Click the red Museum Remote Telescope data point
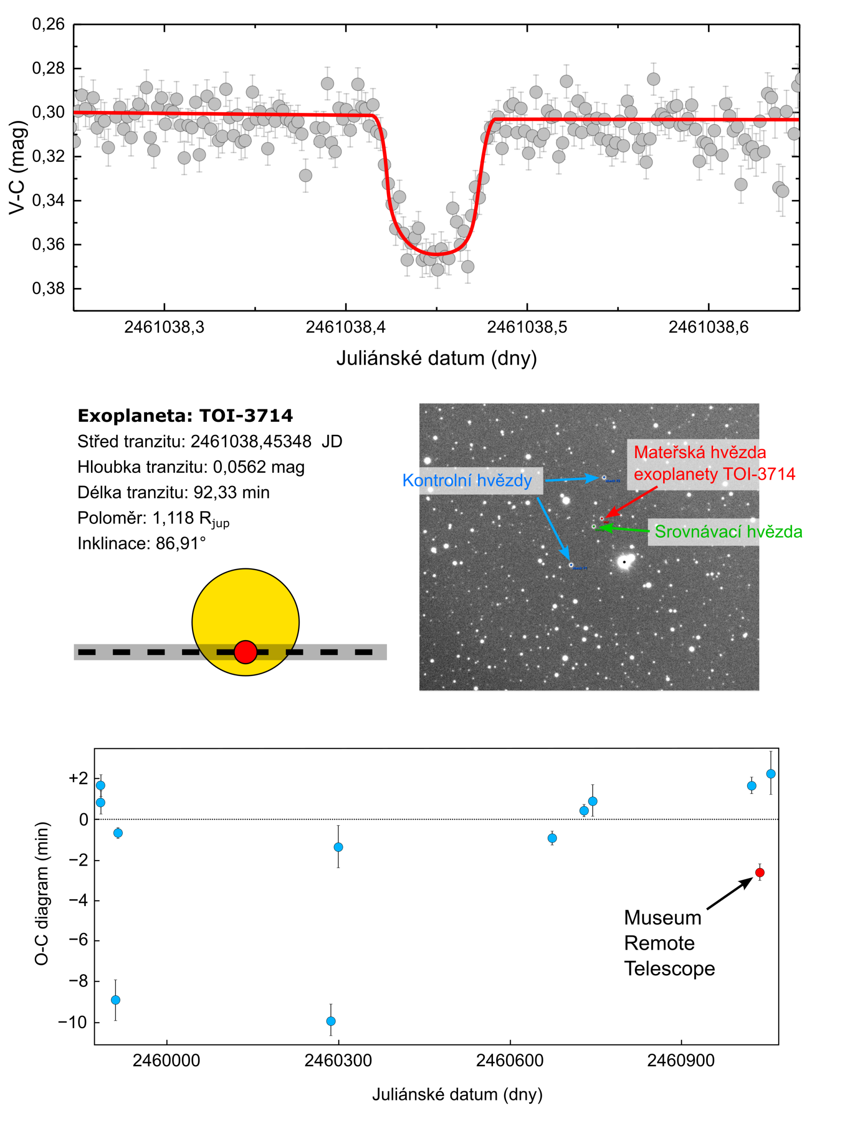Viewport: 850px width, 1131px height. [759, 872]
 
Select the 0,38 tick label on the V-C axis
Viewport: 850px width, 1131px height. [49, 289]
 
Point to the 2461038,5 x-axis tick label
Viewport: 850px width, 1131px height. [527, 327]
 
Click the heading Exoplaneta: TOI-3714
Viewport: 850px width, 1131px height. [185, 416]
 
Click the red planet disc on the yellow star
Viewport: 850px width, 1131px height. [246, 652]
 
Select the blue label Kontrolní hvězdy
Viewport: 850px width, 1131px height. [467, 481]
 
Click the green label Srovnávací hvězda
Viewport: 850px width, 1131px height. [728, 532]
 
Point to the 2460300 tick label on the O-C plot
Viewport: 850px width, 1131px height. [338, 1061]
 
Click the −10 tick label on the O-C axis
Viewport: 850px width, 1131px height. [72, 1022]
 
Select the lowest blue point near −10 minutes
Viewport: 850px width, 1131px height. [331, 1021]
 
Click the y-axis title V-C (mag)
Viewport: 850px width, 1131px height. [17, 167]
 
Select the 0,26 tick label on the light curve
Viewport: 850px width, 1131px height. [49, 24]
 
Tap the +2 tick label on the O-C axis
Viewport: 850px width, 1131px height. [78, 778]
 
